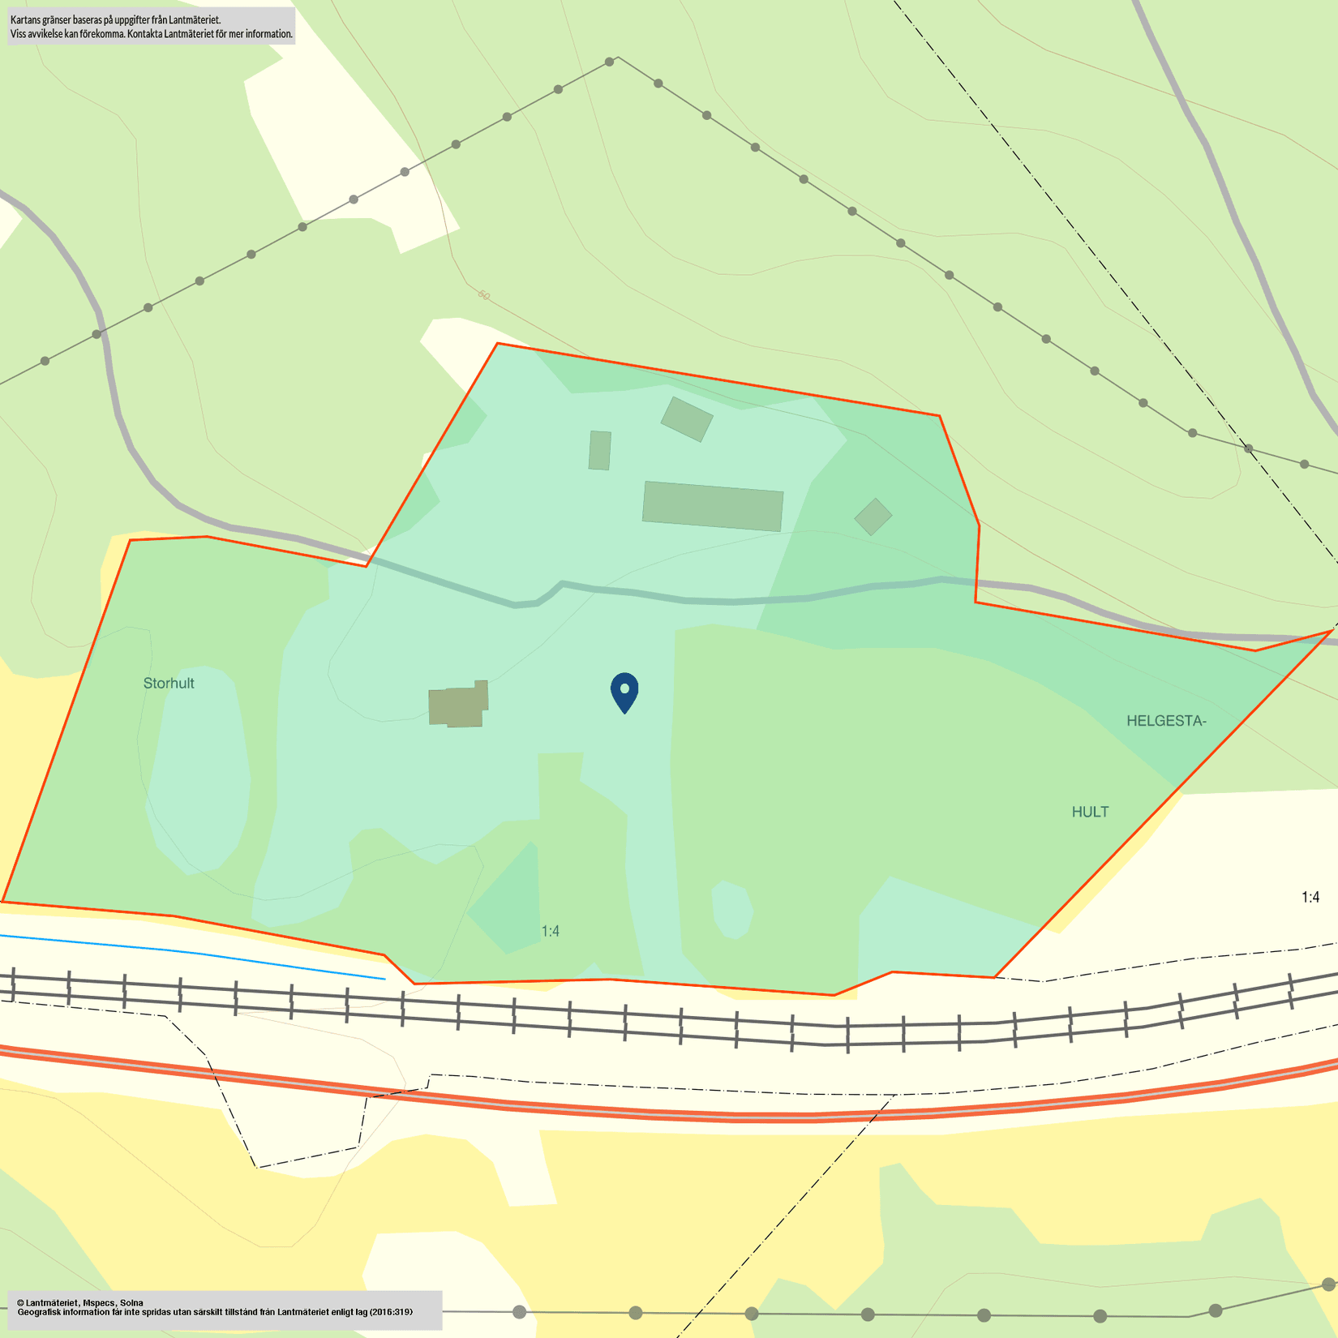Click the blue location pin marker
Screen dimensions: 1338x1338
coord(624,692)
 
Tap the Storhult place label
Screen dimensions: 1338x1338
coord(169,684)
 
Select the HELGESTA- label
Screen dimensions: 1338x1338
coord(1166,721)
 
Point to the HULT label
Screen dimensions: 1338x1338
coord(1090,812)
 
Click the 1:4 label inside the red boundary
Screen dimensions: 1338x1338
coord(551,931)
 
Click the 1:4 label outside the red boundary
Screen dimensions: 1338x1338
coord(1310,897)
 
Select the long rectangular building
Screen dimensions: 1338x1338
coord(713,506)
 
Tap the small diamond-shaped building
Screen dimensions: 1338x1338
coord(873,517)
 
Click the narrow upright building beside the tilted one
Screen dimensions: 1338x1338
coord(600,450)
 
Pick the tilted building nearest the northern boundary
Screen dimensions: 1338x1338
coord(687,418)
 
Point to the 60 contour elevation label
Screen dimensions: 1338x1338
coord(484,295)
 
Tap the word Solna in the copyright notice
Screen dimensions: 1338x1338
coord(131,1302)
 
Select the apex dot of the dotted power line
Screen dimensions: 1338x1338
coord(610,62)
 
